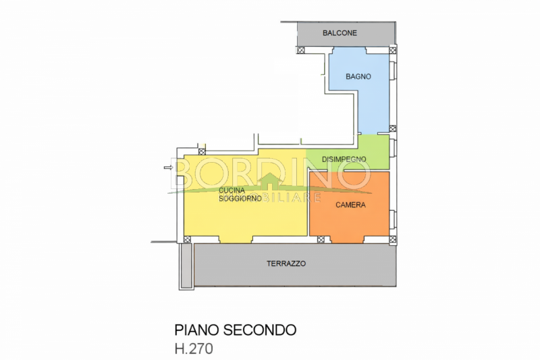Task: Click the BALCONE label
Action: coord(340,33)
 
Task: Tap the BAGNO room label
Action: coord(358,76)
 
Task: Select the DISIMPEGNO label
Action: coord(344,159)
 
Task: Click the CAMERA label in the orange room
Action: coord(350,205)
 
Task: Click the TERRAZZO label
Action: coord(286,263)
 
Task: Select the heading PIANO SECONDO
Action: coord(235,330)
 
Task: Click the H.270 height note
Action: coord(194,349)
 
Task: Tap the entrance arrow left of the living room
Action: coord(168,168)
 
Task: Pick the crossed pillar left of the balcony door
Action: coord(301,50)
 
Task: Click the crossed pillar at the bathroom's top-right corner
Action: coord(393,50)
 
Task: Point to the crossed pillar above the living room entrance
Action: coord(202,151)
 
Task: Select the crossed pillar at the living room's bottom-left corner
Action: coord(187,239)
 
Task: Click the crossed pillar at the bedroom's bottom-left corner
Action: coord(321,239)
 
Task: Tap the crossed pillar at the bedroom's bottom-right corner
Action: coord(393,239)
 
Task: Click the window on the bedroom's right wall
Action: coord(393,219)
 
